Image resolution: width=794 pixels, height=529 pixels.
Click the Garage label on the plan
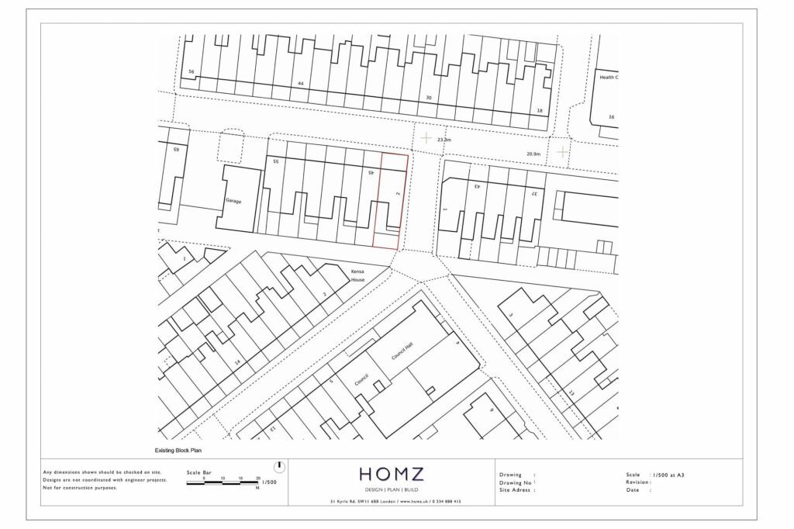coord(233,201)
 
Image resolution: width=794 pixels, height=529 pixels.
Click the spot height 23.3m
coord(444,140)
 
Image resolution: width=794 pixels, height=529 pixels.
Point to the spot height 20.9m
coord(533,154)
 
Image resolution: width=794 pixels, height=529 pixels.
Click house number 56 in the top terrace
coord(191,71)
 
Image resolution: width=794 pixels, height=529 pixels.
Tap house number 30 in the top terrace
coord(428,98)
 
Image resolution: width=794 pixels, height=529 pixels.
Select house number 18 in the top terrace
coord(540,111)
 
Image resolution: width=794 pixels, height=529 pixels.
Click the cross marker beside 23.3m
coord(426,138)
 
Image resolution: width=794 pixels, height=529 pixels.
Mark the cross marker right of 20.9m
coord(561,152)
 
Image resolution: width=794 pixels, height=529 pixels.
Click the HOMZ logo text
coord(392,474)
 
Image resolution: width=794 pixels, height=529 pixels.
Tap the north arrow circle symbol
coord(279,467)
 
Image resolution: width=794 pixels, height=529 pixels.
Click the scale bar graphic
coord(223,483)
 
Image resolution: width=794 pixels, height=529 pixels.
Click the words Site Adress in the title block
coord(516,490)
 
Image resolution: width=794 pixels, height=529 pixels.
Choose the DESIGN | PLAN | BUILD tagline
coord(392,490)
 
